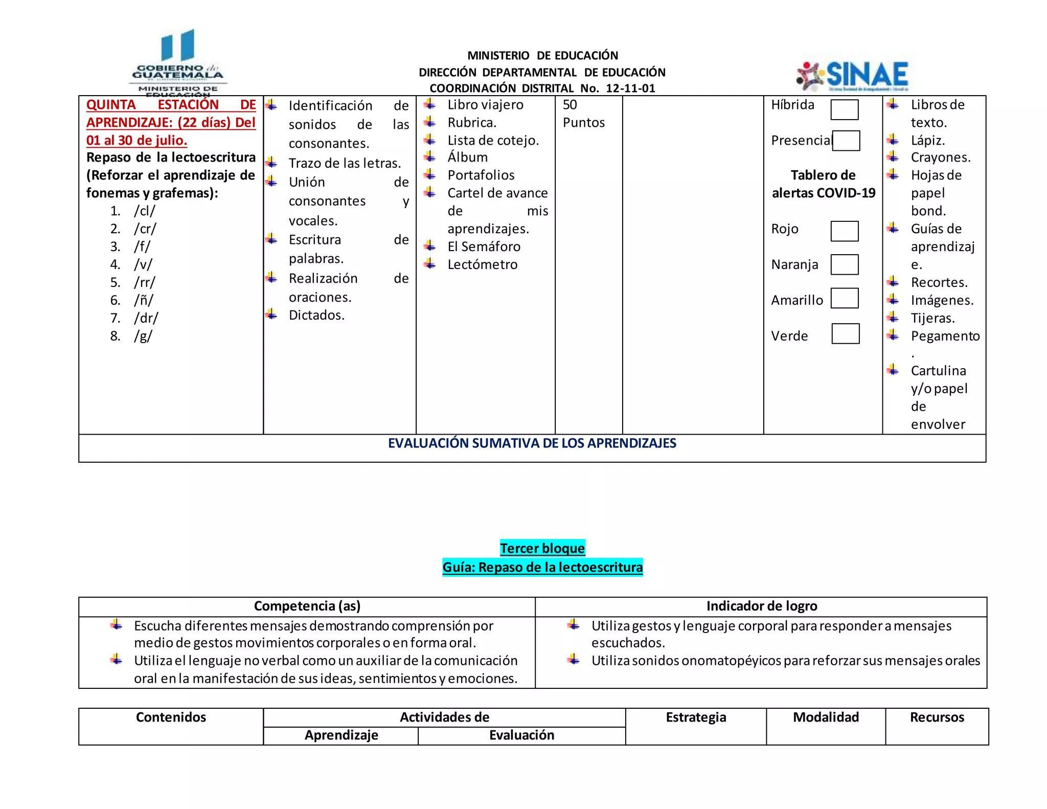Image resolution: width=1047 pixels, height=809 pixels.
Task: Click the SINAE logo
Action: tap(853, 76)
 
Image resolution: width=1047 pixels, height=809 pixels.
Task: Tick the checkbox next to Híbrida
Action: tap(844, 109)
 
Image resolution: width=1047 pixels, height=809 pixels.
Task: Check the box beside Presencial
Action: tap(846, 141)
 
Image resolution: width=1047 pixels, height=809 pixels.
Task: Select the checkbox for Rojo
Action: tap(844, 231)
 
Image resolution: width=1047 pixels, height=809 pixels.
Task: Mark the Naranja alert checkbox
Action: tap(844, 264)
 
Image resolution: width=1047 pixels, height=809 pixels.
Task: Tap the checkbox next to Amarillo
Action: tap(844, 298)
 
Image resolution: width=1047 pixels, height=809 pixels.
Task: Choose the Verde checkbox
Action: tap(845, 334)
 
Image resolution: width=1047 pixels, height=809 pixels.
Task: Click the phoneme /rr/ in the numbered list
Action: tap(145, 282)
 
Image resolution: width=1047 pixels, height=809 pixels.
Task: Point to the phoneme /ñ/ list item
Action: tap(144, 300)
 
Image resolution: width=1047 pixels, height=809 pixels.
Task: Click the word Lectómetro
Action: tap(482, 264)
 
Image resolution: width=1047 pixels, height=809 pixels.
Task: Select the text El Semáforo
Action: tap(484, 246)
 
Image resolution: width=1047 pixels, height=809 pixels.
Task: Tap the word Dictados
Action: tap(316, 315)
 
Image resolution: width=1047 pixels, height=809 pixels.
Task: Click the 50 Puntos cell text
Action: tap(583, 114)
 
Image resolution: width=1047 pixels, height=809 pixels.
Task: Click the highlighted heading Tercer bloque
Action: tap(542, 548)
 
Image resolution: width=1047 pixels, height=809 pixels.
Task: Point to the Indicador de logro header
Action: tap(761, 606)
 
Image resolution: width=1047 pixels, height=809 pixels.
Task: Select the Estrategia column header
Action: tap(695, 717)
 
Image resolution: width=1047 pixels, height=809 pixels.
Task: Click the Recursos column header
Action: tap(937, 717)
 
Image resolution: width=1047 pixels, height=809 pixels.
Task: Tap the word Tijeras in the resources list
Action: tap(932, 318)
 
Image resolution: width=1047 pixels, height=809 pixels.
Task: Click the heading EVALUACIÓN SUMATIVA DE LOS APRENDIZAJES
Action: tap(532, 443)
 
